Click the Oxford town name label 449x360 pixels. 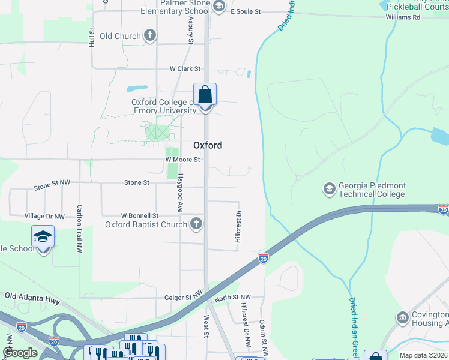208,145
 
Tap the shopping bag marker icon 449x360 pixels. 205,95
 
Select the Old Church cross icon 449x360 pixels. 150,36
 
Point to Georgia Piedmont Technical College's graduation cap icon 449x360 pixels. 329,190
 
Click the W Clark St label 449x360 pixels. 185,69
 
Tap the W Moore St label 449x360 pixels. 183,160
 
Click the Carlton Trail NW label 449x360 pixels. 79,229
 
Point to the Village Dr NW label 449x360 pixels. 44,216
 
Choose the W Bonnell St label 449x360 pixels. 139,215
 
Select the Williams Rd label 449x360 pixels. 403,17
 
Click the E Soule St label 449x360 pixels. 246,11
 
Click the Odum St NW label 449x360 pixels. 263,336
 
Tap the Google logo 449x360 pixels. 20,353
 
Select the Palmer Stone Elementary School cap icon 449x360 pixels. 219,6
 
